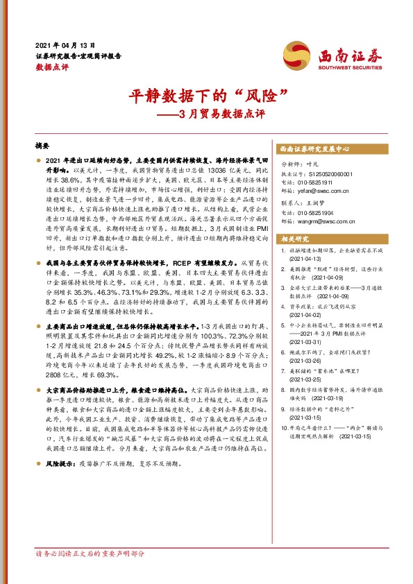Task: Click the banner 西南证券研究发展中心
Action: [314, 148]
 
